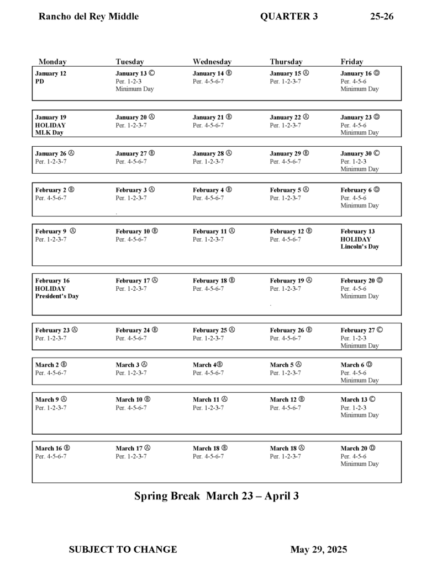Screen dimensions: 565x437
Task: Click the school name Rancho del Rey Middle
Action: [88, 17]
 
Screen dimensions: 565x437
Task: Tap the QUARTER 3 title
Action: [288, 17]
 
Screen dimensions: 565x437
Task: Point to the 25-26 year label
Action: [382, 17]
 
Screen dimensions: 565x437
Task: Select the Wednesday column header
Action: [212, 62]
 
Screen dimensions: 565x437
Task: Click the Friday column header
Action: [352, 62]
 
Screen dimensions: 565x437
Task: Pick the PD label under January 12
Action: [39, 81]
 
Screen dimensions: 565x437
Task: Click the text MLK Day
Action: [49, 132]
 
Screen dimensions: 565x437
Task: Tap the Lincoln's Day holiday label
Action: [360, 247]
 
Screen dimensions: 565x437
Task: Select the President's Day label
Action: [57, 296]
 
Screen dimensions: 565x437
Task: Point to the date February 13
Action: [357, 232]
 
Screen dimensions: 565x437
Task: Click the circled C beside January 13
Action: [151, 73]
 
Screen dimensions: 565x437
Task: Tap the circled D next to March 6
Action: [369, 364]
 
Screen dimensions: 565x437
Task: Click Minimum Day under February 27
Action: [360, 346]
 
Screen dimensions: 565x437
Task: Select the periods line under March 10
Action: [131, 408]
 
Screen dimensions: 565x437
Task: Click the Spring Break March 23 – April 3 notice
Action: [217, 496]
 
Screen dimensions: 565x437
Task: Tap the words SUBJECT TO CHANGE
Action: [123, 550]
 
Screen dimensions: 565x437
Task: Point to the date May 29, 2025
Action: [319, 550]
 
